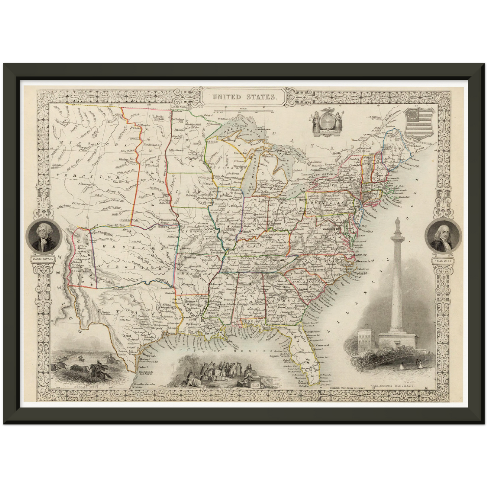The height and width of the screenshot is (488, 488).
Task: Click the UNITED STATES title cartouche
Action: coord(243,97)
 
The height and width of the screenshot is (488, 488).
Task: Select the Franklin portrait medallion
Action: coord(444,237)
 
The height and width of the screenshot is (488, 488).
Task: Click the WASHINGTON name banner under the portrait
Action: coord(43,259)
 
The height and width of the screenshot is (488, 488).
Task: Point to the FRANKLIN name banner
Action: coord(444,261)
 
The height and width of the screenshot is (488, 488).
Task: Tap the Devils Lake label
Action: coord(158,118)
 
